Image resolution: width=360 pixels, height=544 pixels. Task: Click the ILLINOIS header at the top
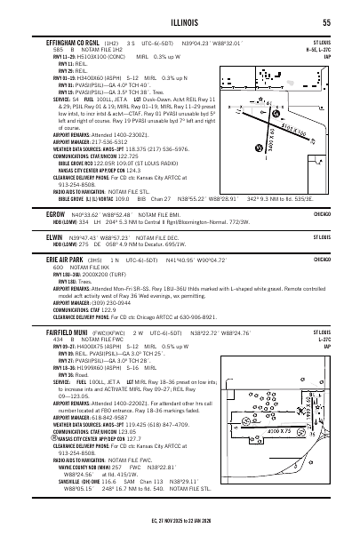tap(180, 23)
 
